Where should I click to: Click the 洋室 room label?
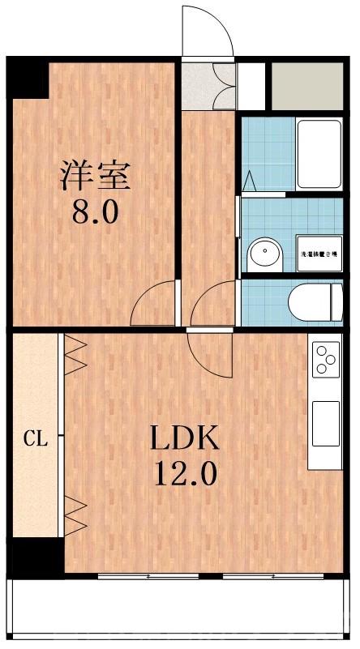(94, 176)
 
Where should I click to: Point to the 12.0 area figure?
(185, 472)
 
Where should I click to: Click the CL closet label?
(34, 440)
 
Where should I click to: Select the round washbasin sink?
(264, 254)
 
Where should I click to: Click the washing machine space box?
(319, 253)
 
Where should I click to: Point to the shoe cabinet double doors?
(224, 85)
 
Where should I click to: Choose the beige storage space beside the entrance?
(306, 85)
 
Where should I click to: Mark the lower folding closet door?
(75, 516)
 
